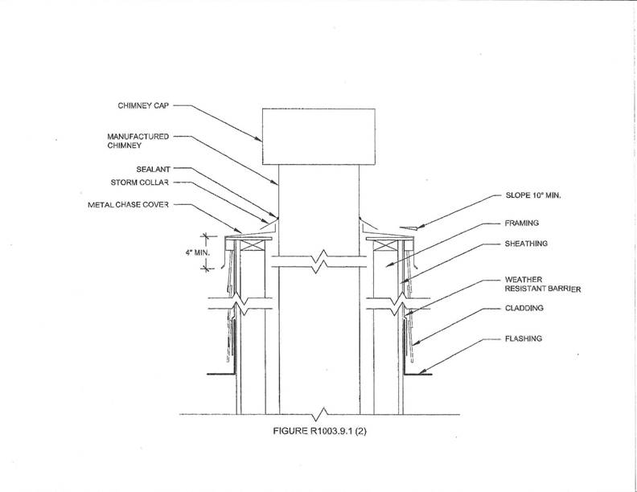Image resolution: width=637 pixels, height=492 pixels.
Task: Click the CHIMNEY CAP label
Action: pyautogui.click(x=143, y=105)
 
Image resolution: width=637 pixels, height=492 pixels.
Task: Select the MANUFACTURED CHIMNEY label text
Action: pyautogui.click(x=138, y=141)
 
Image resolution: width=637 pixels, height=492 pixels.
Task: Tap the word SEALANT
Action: pyautogui.click(x=153, y=169)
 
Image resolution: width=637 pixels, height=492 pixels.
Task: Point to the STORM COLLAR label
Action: pyautogui.click(x=139, y=182)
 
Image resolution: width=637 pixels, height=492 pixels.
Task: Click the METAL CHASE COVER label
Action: pyautogui.click(x=128, y=204)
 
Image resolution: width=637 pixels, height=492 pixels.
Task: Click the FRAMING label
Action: pyautogui.click(x=521, y=223)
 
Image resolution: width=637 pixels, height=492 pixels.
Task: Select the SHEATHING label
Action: pyautogui.click(x=526, y=244)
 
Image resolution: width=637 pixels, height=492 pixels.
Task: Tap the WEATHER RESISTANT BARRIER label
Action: pyautogui.click(x=542, y=284)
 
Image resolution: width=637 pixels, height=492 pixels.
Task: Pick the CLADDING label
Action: pyautogui.click(x=524, y=308)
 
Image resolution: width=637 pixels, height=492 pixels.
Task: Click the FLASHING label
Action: pyautogui.click(x=524, y=338)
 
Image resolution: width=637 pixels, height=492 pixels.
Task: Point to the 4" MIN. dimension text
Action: pyautogui.click(x=197, y=252)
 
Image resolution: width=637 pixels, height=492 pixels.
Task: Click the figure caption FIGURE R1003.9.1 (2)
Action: pyautogui.click(x=319, y=431)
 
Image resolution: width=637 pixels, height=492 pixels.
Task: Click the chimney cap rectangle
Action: pyautogui.click(x=318, y=137)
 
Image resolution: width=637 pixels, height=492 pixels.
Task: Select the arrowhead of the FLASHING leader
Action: pyautogui.click(x=422, y=371)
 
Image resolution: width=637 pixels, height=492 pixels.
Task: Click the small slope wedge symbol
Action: pyautogui.click(x=409, y=228)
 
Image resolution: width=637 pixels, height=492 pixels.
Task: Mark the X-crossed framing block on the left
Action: pyautogui.click(x=253, y=245)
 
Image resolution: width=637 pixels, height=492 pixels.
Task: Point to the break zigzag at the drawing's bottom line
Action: pyautogui.click(x=320, y=415)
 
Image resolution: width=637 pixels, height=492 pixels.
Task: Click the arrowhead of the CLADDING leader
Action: pyautogui.click(x=416, y=342)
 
